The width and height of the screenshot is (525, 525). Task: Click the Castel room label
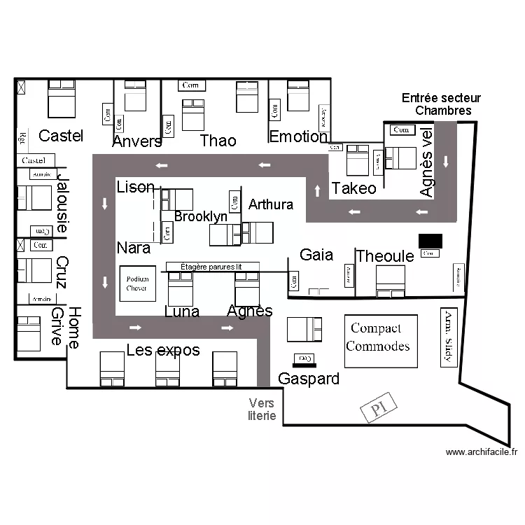click(61, 136)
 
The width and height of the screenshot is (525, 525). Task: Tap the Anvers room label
click(137, 141)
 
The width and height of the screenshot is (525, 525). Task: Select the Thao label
click(218, 141)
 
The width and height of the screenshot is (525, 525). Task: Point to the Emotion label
click(298, 136)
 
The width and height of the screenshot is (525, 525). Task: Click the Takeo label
click(353, 188)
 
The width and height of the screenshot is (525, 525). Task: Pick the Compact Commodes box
click(381, 340)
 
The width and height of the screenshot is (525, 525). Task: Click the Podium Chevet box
click(137, 283)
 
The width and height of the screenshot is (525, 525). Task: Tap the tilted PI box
click(379, 409)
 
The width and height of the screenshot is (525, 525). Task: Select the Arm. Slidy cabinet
click(449, 337)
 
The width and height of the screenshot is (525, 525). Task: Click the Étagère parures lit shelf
click(212, 267)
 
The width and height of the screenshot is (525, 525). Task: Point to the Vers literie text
click(262, 409)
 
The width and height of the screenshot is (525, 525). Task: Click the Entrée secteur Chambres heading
click(442, 104)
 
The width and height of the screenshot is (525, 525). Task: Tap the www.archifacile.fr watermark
click(482, 452)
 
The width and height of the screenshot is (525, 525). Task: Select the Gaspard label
click(309, 379)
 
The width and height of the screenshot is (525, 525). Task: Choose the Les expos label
click(163, 350)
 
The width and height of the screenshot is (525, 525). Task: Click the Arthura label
click(271, 204)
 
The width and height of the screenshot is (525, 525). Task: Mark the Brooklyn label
click(201, 217)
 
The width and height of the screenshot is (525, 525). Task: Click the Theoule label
click(385, 256)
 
